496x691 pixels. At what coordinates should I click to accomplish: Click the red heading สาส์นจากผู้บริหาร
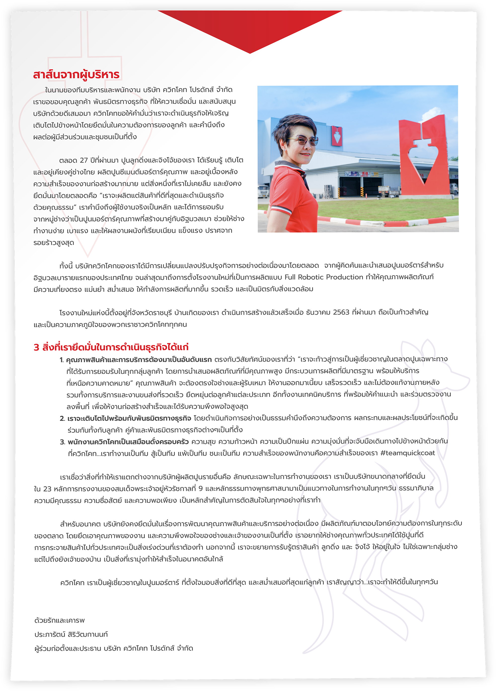click(76, 74)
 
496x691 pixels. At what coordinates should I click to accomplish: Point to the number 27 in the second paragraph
click(84, 161)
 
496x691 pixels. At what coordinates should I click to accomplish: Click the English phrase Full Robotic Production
click(324, 277)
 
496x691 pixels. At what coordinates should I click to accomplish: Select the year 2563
click(341, 312)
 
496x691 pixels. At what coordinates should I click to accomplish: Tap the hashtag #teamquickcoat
click(408, 453)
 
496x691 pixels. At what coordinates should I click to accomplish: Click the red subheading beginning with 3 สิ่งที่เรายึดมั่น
click(111, 347)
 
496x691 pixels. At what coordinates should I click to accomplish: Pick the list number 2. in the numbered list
click(62, 419)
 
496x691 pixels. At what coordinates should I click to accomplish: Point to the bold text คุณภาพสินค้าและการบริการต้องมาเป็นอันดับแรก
click(139, 360)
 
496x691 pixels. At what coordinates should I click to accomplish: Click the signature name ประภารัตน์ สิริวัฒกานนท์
click(71, 634)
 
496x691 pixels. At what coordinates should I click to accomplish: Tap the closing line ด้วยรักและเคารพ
click(59, 620)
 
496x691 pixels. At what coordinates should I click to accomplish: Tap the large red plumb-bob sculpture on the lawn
click(424, 155)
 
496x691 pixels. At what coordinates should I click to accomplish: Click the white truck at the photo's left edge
click(263, 191)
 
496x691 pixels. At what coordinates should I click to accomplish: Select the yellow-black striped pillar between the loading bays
click(362, 192)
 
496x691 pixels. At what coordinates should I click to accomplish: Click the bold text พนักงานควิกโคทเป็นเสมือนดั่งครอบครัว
click(128, 442)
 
